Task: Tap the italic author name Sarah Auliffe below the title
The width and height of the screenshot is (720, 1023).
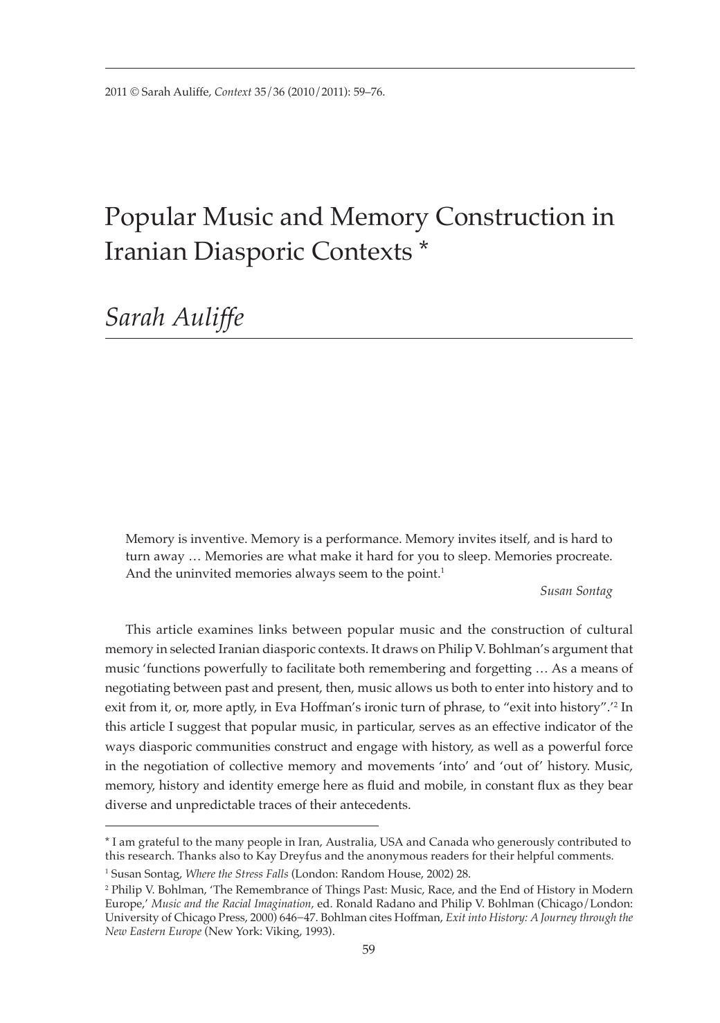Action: pos(174,318)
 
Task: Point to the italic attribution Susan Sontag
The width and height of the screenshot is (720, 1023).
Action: pos(575,591)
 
